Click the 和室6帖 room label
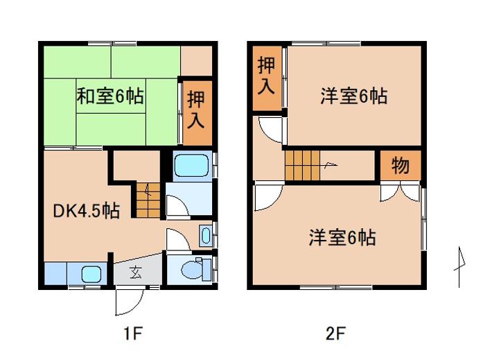pyautogui.click(x=110, y=97)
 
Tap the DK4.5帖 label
pyautogui.click(x=87, y=211)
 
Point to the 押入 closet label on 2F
pyautogui.click(x=266, y=76)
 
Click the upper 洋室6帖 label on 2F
pyautogui.click(x=353, y=97)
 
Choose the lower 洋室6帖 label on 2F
pyautogui.click(x=342, y=238)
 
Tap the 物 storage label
pyautogui.click(x=400, y=166)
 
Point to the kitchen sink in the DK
pyautogui.click(x=91, y=273)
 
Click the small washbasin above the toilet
pyautogui.click(x=206, y=234)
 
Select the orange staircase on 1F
pyautogui.click(x=148, y=198)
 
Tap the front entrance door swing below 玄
pyautogui.click(x=128, y=300)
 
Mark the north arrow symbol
pyautogui.click(x=458, y=266)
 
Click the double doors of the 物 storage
pyautogui.click(x=400, y=191)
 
